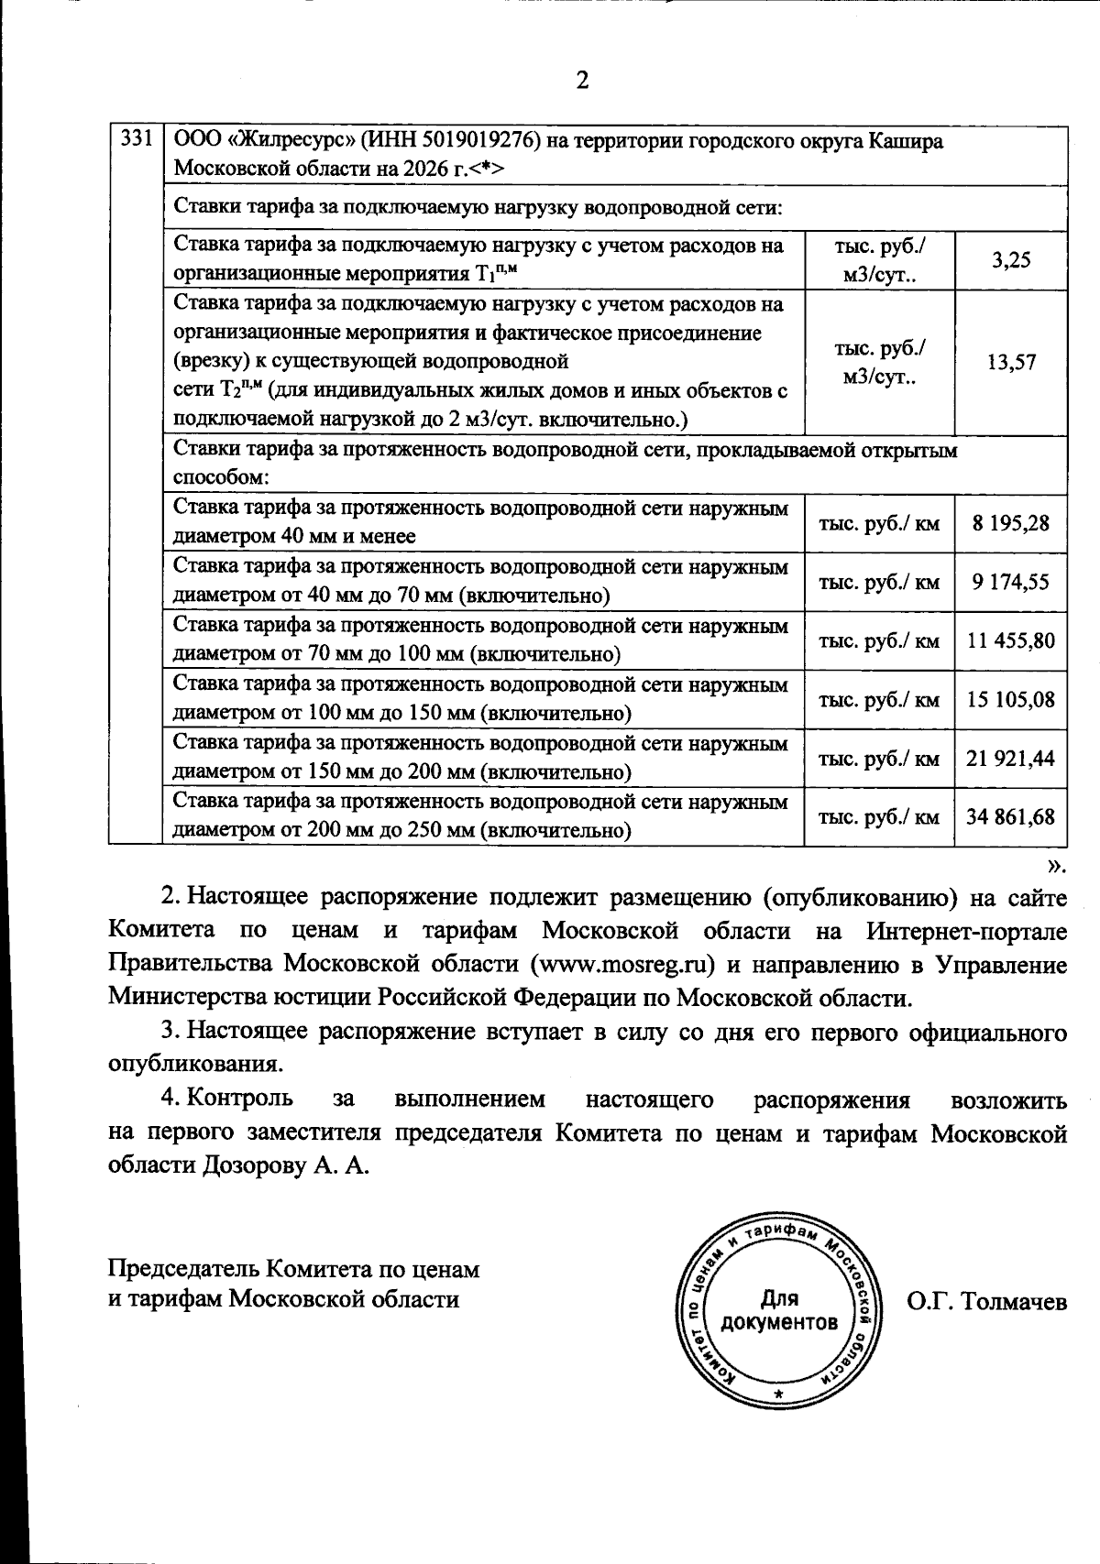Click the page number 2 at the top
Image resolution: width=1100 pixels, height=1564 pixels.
[581, 81]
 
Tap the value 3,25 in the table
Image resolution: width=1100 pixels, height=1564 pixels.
[1010, 260]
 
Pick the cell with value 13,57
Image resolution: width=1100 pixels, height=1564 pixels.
[1010, 362]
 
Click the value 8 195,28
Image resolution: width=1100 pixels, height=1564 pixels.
[1010, 523]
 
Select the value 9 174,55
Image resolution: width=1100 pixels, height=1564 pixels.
[1010, 582]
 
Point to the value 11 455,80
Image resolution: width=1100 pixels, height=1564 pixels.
[1010, 640]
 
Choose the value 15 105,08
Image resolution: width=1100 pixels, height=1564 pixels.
[1010, 699]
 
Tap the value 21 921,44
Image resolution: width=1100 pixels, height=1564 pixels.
[1010, 758]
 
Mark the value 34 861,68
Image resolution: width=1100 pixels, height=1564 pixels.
[1010, 815]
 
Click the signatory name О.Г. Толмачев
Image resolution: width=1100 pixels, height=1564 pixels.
[986, 1301]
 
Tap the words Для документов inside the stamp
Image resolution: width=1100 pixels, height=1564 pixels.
[779, 1310]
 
